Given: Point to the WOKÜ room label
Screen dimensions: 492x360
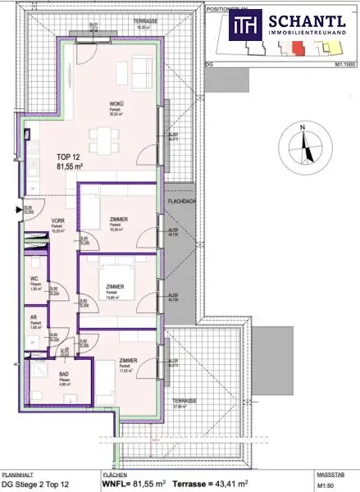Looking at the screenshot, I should [117, 102].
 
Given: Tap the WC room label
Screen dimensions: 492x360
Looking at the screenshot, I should [34, 279].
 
